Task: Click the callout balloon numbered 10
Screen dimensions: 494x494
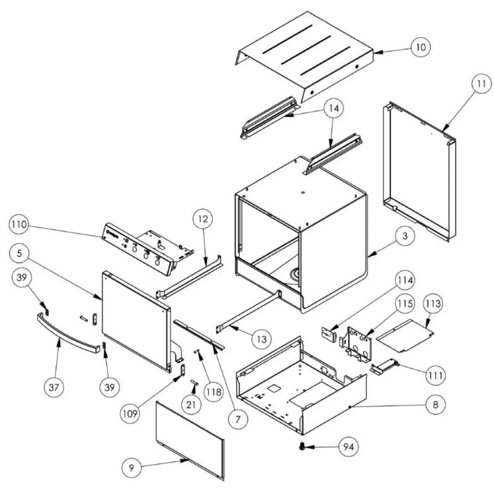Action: [420, 47]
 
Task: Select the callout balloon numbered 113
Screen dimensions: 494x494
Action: [432, 303]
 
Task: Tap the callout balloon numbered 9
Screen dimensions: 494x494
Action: [131, 468]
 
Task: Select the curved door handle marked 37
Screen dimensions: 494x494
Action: [69, 332]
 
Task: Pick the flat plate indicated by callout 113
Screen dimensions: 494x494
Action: [405, 336]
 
